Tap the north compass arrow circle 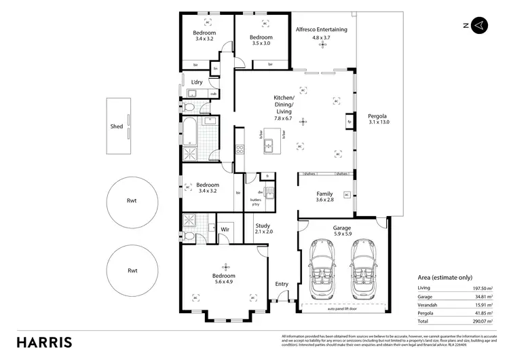478,25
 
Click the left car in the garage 320,268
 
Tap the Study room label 263,228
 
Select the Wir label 225,230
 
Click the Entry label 281,284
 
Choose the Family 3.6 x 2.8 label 325,197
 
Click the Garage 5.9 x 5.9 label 341,232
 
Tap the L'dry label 197,82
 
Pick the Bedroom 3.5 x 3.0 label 261,40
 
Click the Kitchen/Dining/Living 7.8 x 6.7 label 283,108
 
